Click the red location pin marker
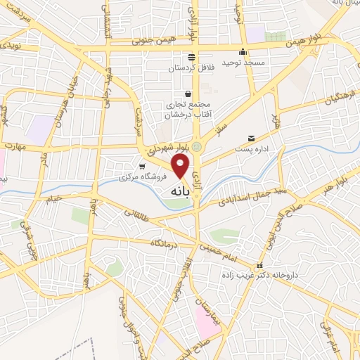coord(181,167)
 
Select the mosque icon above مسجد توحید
coord(243,51)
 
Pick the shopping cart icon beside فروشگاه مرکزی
coord(143,167)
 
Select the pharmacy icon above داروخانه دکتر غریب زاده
coord(259,266)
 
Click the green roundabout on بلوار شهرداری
coord(198,146)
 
